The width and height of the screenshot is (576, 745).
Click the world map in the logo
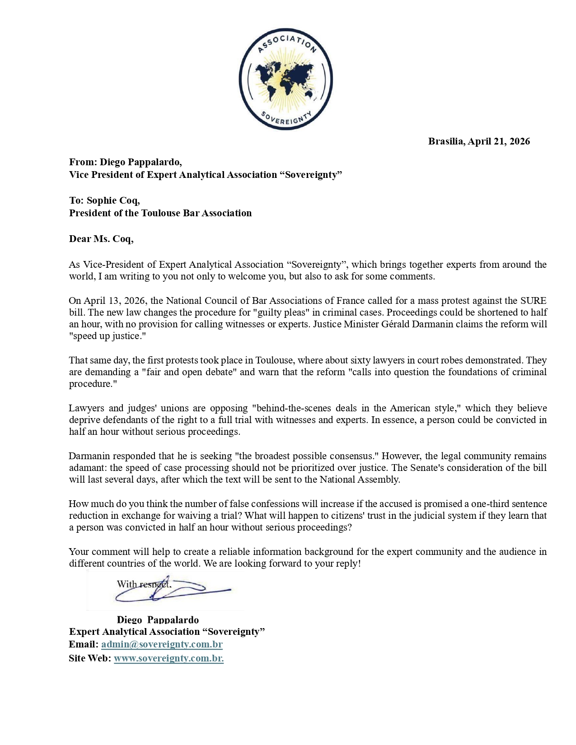(286, 80)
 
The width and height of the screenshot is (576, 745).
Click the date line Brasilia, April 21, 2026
(479, 141)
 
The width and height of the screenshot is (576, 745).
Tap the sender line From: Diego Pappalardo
(125, 162)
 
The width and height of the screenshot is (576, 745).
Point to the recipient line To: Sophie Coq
(104, 200)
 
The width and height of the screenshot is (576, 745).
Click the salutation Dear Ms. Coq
(101, 239)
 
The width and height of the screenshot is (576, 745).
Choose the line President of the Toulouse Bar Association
(160, 213)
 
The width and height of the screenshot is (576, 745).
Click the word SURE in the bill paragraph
(533, 301)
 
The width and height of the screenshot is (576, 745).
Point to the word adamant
(88, 468)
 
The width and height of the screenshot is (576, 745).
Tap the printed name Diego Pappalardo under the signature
(158, 620)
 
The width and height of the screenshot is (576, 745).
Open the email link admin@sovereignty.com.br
(162, 644)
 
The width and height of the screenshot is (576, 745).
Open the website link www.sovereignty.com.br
(169, 658)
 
